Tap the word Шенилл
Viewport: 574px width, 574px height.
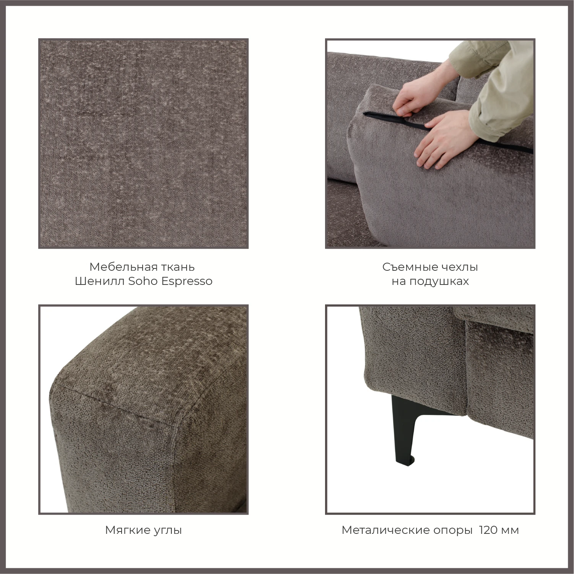(99, 281)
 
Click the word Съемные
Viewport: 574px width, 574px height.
(407, 267)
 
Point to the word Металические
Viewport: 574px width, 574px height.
(385, 530)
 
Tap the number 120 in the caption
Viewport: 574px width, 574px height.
(488, 530)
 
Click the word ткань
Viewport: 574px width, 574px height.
(181, 267)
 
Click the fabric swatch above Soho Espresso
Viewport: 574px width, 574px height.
(143, 143)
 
